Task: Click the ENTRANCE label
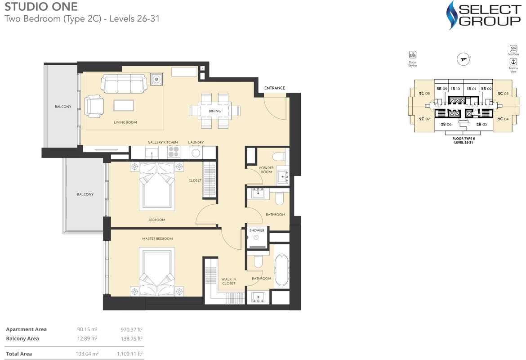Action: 274,88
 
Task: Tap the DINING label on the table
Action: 214,111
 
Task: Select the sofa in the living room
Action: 124,83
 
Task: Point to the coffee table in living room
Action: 124,105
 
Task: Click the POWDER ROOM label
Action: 266,170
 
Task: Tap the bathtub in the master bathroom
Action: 281,270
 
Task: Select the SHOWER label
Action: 257,230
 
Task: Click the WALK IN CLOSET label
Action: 228,281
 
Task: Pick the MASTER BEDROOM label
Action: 157,238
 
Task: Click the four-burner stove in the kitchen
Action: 174,153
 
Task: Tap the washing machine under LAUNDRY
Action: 196,153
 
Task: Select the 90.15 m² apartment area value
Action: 87,329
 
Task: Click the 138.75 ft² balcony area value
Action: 132,338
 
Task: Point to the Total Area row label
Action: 19,354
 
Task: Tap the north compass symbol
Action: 463,58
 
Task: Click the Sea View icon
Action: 513,49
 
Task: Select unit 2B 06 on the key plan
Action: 446,124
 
